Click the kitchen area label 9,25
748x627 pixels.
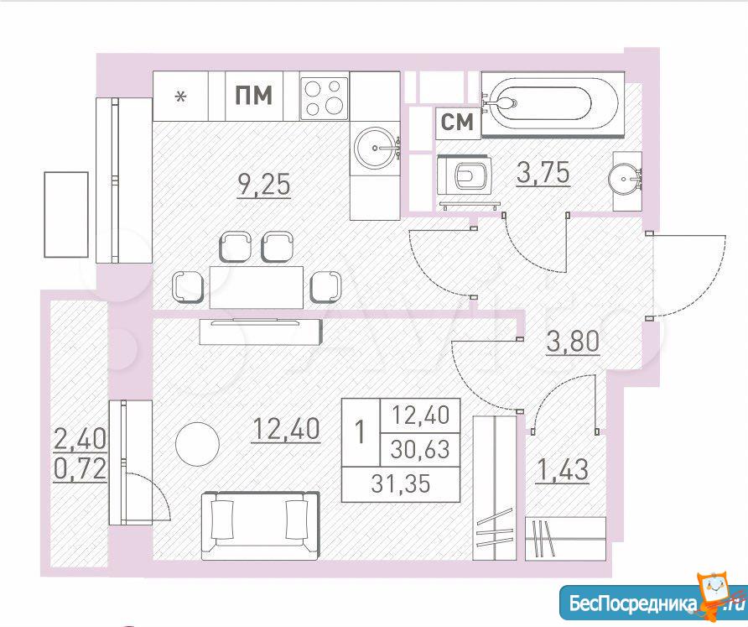264,185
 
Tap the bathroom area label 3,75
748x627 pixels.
543,172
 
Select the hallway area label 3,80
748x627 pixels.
573,341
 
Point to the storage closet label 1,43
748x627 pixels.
563,469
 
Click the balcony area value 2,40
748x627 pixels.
81,439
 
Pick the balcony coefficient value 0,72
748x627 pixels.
81,469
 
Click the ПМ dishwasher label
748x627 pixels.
254,95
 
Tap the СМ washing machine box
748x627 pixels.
457,123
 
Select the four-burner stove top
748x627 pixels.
324,97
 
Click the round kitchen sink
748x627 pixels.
376,148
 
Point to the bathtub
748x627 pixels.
553,104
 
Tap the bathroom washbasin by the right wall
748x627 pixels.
625,179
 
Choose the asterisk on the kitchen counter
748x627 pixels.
181,97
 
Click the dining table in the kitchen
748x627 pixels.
257,287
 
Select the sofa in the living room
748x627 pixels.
260,525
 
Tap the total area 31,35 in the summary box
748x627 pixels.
401,484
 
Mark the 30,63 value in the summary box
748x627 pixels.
420,449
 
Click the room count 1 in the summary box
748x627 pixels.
361,431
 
